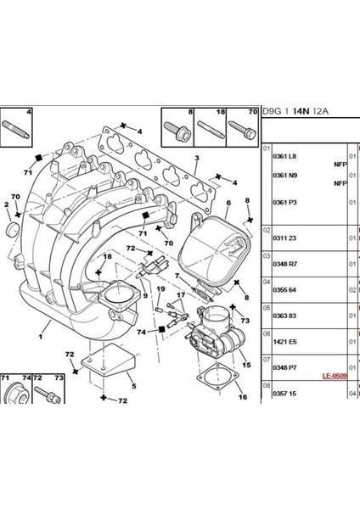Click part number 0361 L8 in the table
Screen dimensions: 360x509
(x=284, y=156)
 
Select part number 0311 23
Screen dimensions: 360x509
(x=284, y=238)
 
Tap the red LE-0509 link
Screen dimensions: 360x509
(x=335, y=376)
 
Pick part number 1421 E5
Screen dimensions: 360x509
(x=284, y=342)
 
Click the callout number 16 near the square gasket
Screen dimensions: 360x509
(x=243, y=397)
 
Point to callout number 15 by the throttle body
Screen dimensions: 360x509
(x=246, y=365)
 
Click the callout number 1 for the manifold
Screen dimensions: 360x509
(x=41, y=337)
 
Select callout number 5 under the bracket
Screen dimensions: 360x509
(x=134, y=386)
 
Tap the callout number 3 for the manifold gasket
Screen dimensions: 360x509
(x=197, y=158)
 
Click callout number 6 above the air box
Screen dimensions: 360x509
(x=228, y=203)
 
